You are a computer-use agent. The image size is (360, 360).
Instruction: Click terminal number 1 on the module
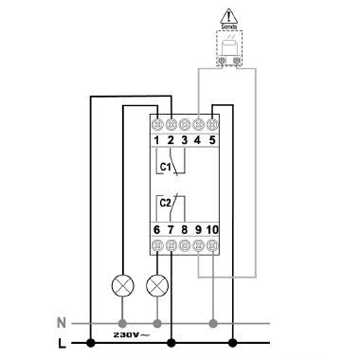[x=156, y=140]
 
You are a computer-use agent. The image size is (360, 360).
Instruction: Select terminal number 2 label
[x=171, y=140]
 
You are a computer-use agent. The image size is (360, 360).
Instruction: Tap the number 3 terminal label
[x=185, y=140]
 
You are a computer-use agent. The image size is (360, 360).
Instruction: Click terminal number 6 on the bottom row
[x=156, y=228]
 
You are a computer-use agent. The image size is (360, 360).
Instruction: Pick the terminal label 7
[x=171, y=228]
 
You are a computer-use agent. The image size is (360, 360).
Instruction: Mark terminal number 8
[x=184, y=228]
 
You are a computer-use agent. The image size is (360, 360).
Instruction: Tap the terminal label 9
[x=197, y=228]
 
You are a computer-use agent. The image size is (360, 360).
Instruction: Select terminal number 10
[x=212, y=228]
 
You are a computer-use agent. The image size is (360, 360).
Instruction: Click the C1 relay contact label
[x=165, y=166]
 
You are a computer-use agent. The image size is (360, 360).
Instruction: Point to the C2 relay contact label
[x=165, y=202]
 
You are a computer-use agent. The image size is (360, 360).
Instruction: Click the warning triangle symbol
[x=230, y=15]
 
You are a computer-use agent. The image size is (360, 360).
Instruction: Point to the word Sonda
[x=230, y=29]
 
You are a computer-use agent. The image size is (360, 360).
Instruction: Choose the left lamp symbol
[x=122, y=284]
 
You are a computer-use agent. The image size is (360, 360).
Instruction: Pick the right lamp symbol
[x=157, y=284]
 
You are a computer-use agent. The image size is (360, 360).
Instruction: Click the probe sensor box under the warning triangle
[x=229, y=50]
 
